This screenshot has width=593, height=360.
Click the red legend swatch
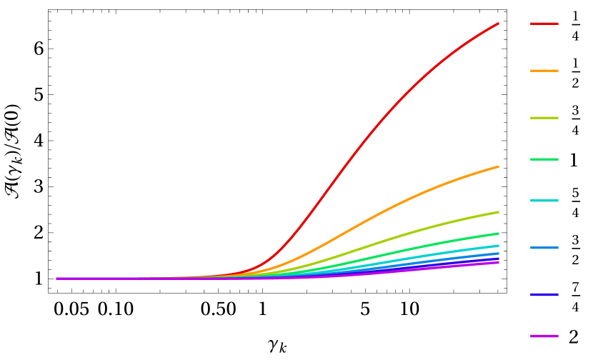(x=544, y=24)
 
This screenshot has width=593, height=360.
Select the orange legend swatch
(x=544, y=71)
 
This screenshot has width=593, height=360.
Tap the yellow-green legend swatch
(x=544, y=118)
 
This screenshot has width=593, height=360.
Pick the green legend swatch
(x=544, y=159)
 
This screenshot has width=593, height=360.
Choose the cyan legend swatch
(x=544, y=201)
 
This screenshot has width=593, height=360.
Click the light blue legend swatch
(x=544, y=248)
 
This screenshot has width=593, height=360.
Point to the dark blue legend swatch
(x=544, y=294)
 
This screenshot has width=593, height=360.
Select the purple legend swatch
(x=544, y=336)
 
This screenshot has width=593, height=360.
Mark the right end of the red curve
(x=498, y=24)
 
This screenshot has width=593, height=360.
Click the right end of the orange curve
(x=498, y=166)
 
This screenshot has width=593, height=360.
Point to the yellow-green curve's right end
(x=498, y=212)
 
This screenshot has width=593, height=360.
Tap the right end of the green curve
(x=498, y=234)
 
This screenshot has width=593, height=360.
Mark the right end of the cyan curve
(x=498, y=246)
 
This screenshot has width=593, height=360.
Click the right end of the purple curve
(x=498, y=263)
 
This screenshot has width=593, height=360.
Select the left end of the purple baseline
(x=57, y=279)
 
